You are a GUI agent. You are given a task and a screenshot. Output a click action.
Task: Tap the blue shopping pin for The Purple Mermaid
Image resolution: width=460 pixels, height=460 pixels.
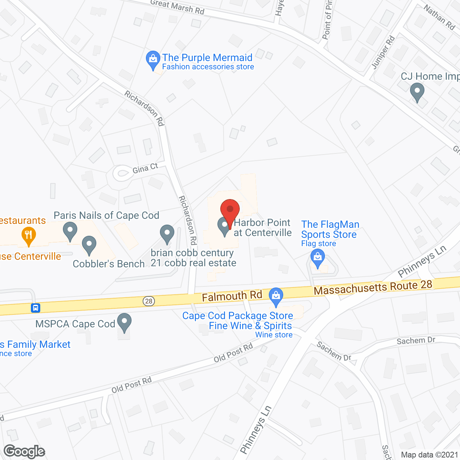tap(153, 59)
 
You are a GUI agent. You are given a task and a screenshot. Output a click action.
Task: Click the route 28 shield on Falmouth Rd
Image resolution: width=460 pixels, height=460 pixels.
tap(149, 301)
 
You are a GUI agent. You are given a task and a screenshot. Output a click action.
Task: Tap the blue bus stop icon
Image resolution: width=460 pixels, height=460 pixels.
tap(35, 308)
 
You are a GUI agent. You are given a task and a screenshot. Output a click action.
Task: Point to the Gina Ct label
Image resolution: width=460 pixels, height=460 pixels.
tap(145, 168)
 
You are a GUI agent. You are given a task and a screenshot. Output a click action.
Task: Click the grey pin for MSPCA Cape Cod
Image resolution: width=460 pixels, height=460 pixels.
tap(125, 322)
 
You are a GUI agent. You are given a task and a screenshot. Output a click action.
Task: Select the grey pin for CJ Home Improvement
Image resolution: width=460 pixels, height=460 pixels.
tap(417, 91)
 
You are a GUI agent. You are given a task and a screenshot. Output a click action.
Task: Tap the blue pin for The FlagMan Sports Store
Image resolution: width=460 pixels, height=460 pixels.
tap(317, 258)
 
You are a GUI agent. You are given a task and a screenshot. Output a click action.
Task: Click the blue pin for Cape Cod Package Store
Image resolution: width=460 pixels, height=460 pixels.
tap(276, 296)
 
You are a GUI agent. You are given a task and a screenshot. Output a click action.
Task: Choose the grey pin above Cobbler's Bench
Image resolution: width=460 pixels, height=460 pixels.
tap(89, 245)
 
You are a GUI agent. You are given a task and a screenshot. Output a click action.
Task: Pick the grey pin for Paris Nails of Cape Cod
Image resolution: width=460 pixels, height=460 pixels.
tap(70, 231)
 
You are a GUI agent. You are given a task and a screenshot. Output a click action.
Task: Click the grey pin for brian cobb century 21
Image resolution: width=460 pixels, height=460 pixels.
tap(167, 234)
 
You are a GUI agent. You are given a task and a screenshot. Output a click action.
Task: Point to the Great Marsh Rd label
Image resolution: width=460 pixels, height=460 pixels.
tap(178, 7)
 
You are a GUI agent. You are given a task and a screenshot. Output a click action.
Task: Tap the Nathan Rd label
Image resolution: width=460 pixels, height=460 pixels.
tap(439, 17)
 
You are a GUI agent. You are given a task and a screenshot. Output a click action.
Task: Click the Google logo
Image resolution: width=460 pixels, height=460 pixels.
tap(24, 451)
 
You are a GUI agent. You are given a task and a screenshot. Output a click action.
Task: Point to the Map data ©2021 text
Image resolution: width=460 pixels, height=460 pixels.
tap(429, 455)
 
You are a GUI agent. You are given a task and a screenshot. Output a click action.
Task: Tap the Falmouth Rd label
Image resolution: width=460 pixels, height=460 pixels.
tap(232, 296)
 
